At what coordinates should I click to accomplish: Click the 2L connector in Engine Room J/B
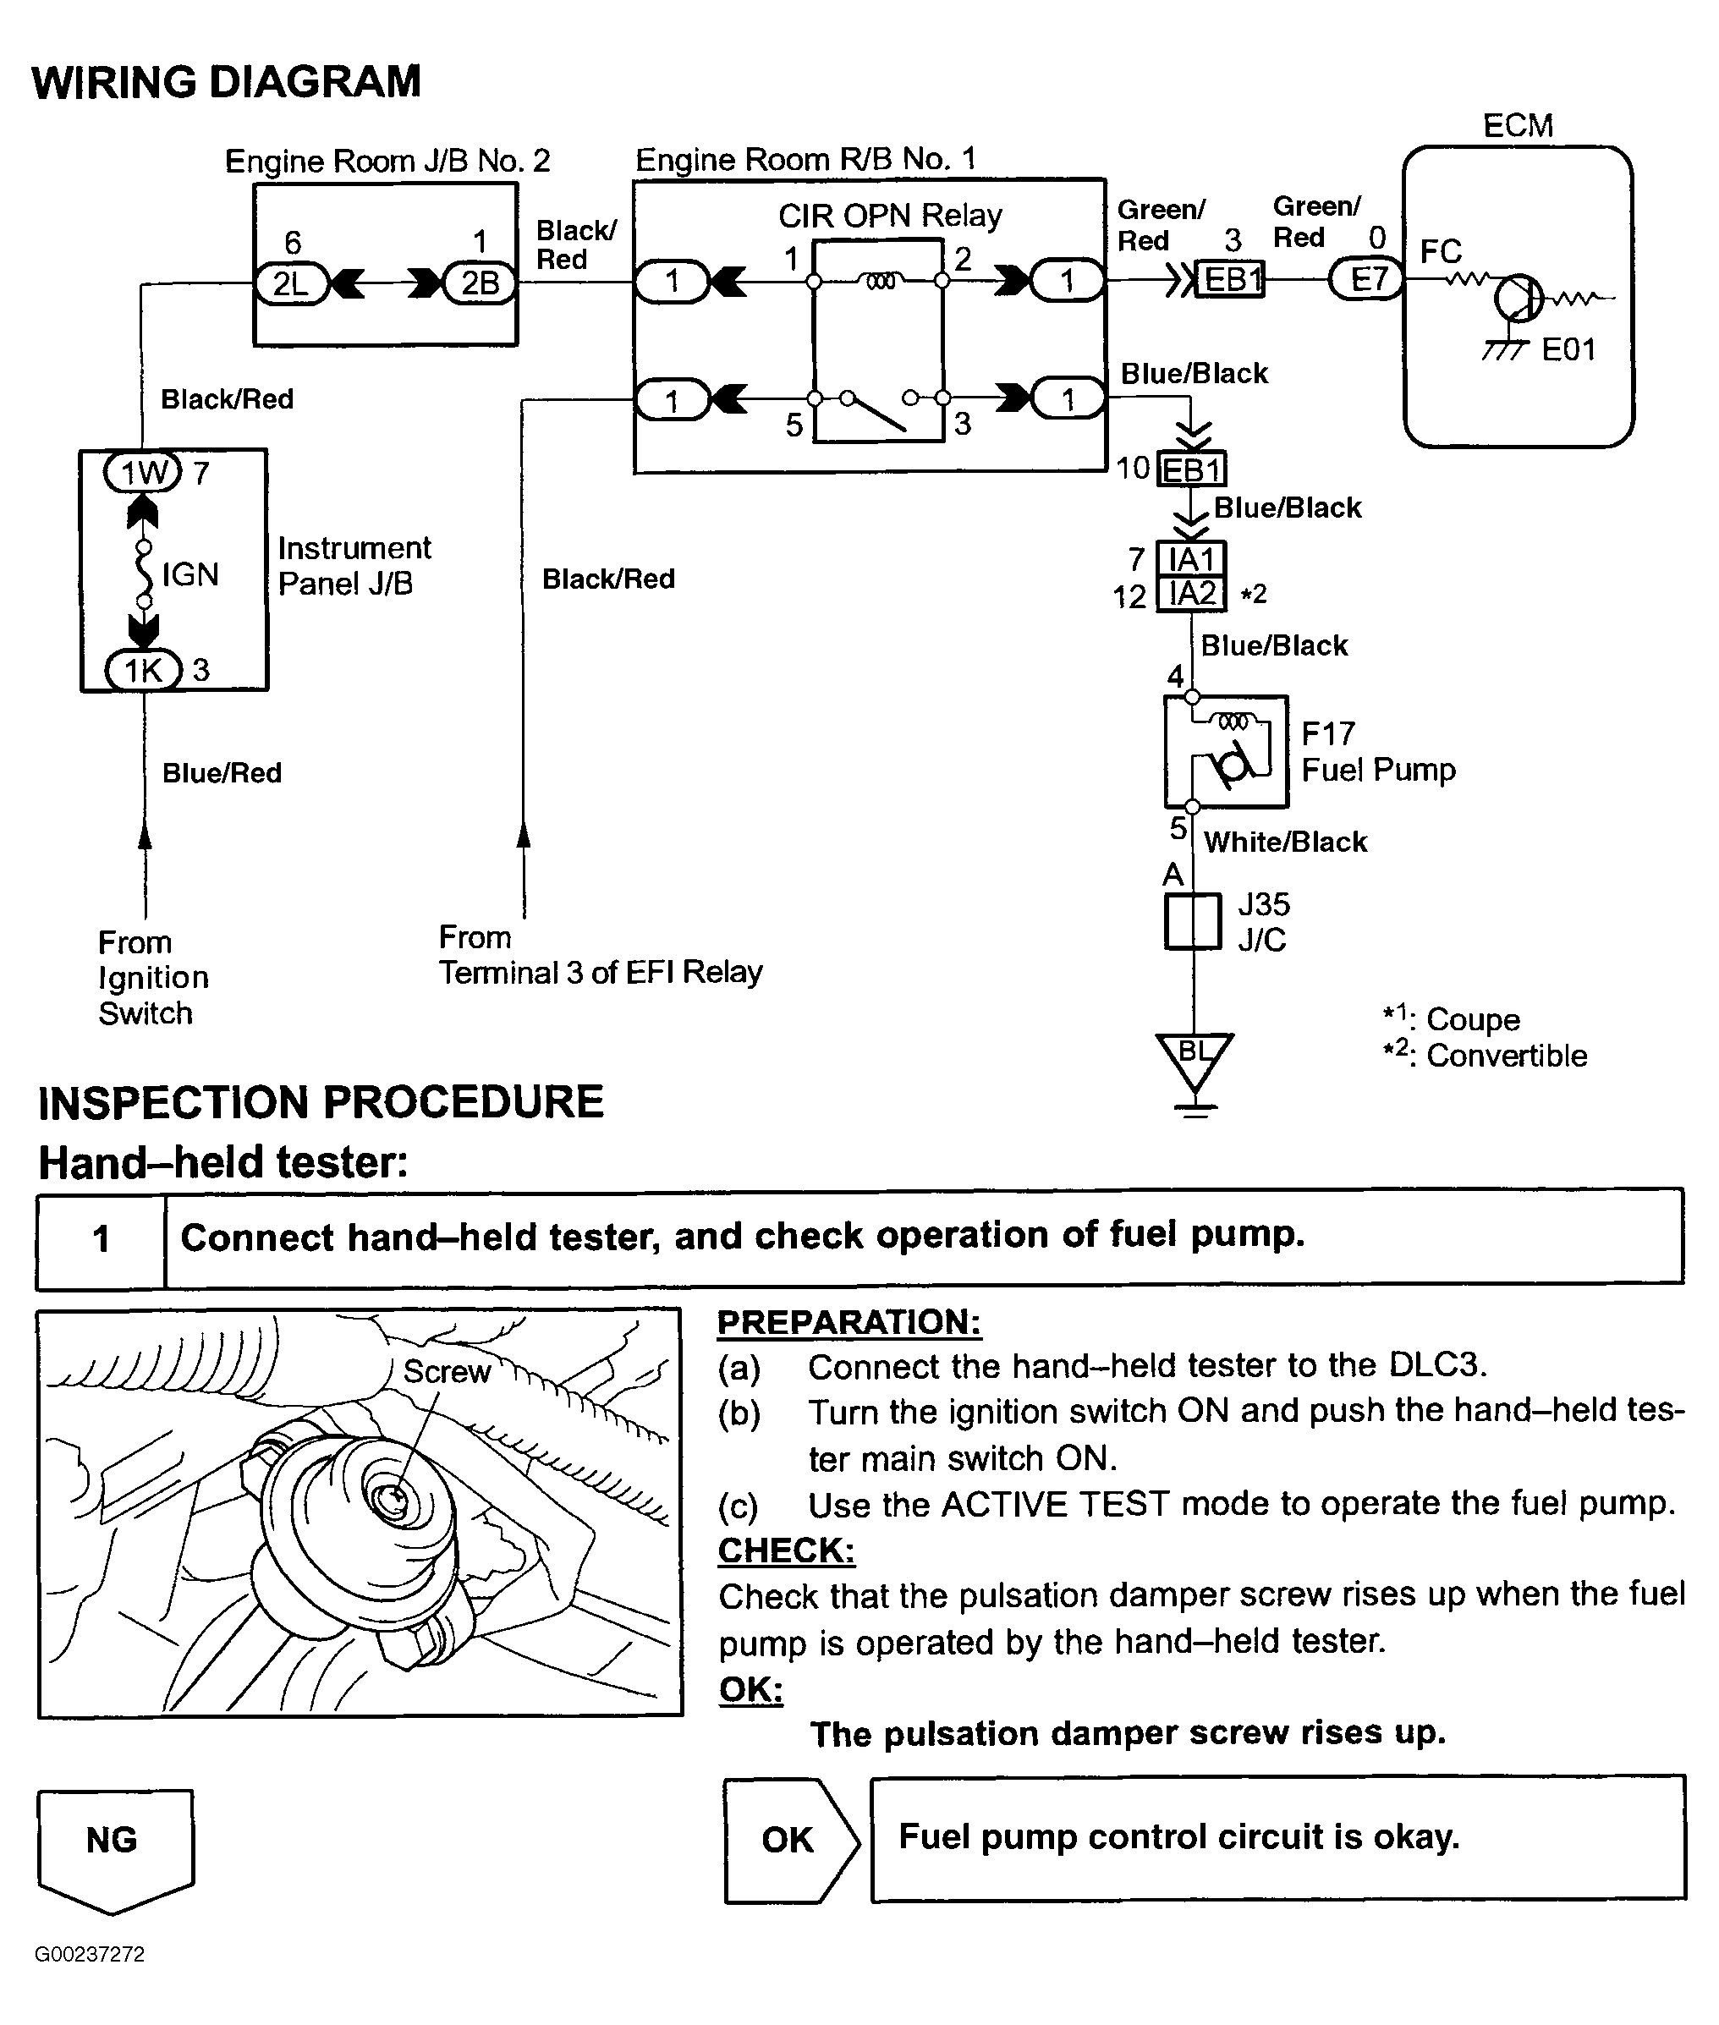290,283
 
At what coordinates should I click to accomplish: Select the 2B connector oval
480,283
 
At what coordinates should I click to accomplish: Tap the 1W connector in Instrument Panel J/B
143,473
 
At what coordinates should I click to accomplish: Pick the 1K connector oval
143,669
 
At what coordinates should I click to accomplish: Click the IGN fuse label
190,575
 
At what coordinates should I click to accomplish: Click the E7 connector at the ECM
1367,280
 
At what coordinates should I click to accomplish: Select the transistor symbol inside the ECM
1519,296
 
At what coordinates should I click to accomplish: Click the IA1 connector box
1191,559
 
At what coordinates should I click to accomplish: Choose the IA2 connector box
1191,594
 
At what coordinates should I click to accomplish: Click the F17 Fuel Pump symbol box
1226,751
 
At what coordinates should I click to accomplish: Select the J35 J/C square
1193,921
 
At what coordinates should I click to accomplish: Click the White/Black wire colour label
1285,842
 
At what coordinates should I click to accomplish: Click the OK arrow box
790,1840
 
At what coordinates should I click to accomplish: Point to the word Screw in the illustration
447,1372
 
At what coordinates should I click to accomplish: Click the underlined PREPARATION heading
849,1322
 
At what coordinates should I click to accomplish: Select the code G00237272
90,1954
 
